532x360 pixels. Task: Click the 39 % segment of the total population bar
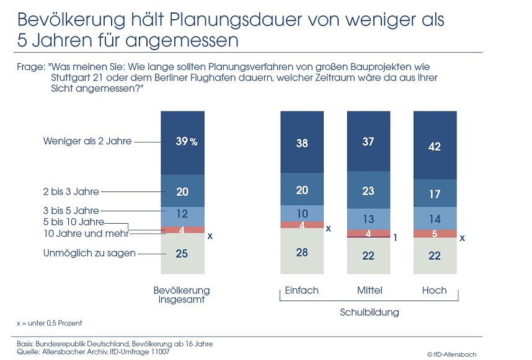[x=182, y=143]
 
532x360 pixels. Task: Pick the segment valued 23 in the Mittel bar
[x=368, y=191]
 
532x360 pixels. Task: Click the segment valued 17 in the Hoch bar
[x=435, y=194]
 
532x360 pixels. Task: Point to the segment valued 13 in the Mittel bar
[x=368, y=219]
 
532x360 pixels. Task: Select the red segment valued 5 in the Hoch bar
[x=435, y=234]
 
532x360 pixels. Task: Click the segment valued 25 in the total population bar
[x=182, y=253]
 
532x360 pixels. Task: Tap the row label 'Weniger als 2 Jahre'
[x=87, y=141]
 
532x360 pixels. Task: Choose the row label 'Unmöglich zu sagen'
[x=89, y=253]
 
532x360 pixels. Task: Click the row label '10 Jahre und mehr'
[x=86, y=234]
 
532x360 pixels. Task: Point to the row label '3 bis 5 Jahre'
[x=71, y=211]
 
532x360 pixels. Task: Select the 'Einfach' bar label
[x=301, y=291]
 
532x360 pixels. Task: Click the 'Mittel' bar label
[x=370, y=291]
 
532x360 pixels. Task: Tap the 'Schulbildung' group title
[x=370, y=312]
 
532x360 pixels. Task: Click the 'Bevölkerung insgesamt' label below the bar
[x=182, y=295]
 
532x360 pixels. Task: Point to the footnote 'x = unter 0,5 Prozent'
[x=49, y=323]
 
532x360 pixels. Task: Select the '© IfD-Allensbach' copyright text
[x=452, y=354]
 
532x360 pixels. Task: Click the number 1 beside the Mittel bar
[x=396, y=237]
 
